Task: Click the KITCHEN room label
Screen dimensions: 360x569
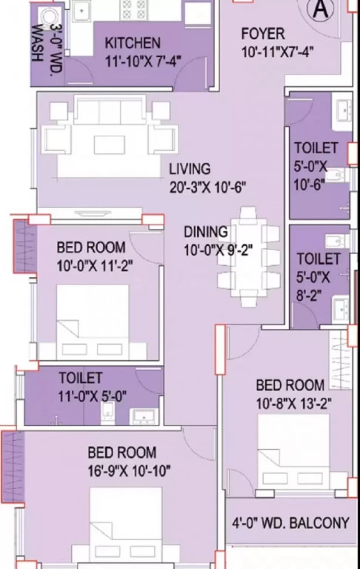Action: click(x=133, y=43)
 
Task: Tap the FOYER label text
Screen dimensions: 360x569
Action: click(x=263, y=34)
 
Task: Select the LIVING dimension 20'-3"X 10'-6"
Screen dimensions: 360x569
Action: click(x=207, y=187)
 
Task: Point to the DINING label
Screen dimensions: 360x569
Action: click(x=206, y=232)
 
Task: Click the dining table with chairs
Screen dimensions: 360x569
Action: click(x=249, y=256)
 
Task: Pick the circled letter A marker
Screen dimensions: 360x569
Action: click(x=321, y=9)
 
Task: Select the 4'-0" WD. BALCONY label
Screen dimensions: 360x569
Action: click(x=290, y=523)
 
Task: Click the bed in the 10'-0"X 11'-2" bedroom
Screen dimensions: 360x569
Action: click(x=93, y=322)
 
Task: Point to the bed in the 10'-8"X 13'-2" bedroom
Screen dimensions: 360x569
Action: click(x=293, y=452)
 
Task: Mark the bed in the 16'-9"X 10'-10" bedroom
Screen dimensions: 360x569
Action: click(x=126, y=525)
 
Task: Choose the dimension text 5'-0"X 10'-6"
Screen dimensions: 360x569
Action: click(x=310, y=176)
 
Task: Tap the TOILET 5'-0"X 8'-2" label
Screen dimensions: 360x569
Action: click(x=313, y=277)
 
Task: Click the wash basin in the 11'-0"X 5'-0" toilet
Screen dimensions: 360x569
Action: click(x=144, y=416)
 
